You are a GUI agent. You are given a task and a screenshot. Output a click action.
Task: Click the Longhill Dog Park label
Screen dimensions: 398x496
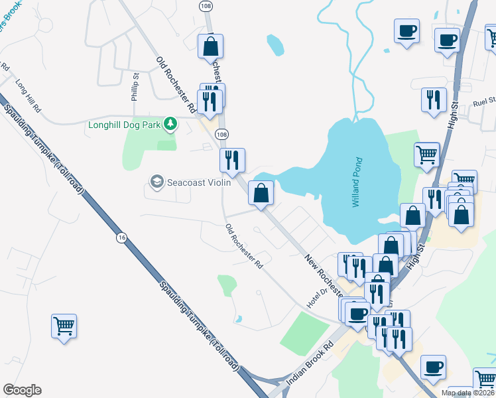pos(126,124)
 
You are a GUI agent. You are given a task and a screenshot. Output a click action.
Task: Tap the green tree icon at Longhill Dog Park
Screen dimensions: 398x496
pos(170,123)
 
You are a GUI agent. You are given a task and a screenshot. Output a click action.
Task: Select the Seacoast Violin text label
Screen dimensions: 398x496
pos(198,181)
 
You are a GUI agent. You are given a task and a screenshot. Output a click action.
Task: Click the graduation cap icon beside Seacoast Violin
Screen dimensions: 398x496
pos(156,181)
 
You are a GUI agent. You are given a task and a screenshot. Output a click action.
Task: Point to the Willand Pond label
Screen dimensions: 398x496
pos(357,182)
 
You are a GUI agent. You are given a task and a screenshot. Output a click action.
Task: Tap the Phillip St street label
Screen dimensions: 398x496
pos(135,87)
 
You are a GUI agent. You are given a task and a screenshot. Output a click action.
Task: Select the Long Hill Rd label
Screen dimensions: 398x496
pos(29,97)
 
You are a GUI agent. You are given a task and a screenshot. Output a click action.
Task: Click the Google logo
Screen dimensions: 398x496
pos(22,390)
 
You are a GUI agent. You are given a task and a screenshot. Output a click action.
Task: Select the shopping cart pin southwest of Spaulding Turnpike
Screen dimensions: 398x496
pos(64,326)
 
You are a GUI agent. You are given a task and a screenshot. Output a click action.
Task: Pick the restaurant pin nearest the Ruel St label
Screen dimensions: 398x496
pos(433,100)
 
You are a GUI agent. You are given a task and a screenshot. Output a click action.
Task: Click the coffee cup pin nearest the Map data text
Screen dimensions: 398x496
pos(433,367)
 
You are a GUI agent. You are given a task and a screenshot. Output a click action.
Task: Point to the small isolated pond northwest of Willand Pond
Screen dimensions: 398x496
pos(275,45)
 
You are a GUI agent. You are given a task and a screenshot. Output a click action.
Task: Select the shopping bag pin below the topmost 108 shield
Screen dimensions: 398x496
pos(210,46)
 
